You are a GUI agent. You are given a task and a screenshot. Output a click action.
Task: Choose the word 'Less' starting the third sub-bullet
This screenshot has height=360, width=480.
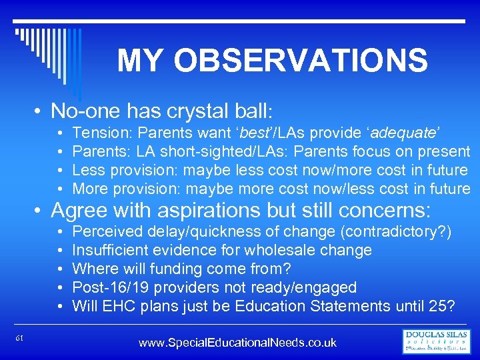[88, 171]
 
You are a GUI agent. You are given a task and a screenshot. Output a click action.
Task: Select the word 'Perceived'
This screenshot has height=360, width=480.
[108, 232]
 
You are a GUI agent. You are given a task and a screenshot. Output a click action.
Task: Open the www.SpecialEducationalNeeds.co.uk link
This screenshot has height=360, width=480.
[237, 343]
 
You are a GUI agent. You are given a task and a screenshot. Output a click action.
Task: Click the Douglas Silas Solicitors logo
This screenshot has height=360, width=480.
[437, 341]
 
